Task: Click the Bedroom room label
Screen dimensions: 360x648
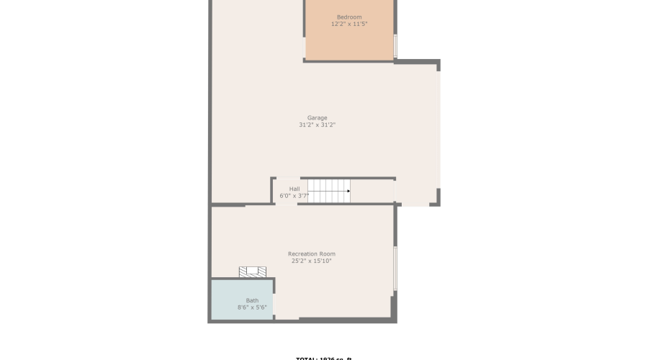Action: click(349, 17)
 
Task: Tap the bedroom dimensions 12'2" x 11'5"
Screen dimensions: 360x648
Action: click(349, 24)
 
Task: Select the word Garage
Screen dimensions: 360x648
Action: click(317, 118)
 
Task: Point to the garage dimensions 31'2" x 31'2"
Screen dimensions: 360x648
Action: click(317, 125)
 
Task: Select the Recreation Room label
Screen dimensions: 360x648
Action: click(311, 254)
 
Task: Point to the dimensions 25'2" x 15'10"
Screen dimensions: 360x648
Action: click(311, 261)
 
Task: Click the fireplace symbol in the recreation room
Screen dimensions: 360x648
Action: click(253, 271)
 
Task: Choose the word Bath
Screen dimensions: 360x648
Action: click(252, 301)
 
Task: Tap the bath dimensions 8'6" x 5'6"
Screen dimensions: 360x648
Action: click(252, 308)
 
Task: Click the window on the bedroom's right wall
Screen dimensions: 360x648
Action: click(395, 45)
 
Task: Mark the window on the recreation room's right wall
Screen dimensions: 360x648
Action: click(395, 269)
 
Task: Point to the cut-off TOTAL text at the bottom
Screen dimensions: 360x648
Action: click(323, 358)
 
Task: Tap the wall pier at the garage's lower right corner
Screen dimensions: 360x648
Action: click(436, 198)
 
